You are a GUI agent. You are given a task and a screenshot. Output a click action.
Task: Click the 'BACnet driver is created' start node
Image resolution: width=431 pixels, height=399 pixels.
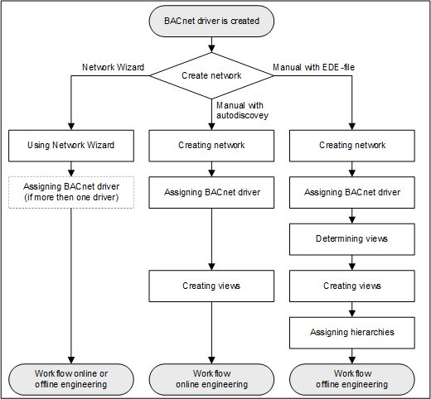[x=211, y=19]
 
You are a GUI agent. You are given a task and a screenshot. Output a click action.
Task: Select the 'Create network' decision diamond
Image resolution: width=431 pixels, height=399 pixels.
[x=211, y=75]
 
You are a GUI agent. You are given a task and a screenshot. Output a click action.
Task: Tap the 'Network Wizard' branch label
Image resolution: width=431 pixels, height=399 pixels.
[x=113, y=66]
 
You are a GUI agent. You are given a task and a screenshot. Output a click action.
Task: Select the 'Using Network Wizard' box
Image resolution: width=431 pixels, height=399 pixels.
[x=70, y=145]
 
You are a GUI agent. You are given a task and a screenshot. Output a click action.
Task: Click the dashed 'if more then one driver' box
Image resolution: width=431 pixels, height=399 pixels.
[x=70, y=192]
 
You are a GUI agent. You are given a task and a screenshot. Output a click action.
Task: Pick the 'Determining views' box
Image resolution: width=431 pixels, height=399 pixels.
[x=352, y=238]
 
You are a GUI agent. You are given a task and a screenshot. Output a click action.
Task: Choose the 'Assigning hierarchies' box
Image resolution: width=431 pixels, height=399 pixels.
[x=352, y=332]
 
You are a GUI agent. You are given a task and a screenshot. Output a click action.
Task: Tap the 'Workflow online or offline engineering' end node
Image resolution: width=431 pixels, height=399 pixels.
[x=70, y=378]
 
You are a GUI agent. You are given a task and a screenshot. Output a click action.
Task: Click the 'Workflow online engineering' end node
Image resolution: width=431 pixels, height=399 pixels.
[x=211, y=378]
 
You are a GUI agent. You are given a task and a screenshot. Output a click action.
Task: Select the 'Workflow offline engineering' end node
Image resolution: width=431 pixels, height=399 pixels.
[x=352, y=378]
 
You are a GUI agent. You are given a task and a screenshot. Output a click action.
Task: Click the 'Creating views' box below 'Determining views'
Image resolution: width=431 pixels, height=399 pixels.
[x=352, y=286]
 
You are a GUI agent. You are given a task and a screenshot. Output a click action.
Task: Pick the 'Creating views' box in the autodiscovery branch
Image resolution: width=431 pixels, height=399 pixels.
[x=211, y=286]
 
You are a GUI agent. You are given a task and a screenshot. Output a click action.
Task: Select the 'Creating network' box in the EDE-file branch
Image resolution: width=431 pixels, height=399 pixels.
[x=352, y=145]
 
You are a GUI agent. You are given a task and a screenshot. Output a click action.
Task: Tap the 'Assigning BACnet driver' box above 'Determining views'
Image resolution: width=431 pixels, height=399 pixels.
[x=352, y=192]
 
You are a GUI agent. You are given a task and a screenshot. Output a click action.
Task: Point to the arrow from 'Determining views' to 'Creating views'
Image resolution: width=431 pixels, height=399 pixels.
[x=352, y=262]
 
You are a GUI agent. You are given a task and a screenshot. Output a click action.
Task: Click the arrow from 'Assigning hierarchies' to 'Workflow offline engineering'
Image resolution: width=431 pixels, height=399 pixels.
[x=352, y=355]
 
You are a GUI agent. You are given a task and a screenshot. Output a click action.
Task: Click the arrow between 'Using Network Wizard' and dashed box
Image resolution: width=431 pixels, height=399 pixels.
[x=70, y=168]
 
